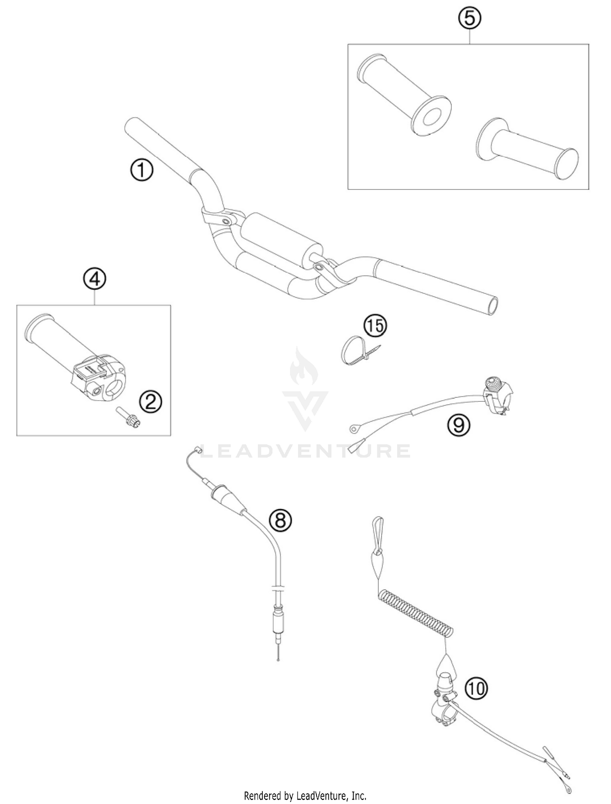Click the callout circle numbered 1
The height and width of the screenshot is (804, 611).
142,170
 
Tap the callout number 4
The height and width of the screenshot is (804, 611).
95,280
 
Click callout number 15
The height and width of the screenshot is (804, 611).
375,326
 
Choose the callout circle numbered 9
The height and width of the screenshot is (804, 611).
459,425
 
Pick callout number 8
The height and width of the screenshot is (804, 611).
281,520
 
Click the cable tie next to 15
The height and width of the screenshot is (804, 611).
354,352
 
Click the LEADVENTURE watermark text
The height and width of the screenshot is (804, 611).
305,451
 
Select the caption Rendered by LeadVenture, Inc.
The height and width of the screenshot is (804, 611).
305,795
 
